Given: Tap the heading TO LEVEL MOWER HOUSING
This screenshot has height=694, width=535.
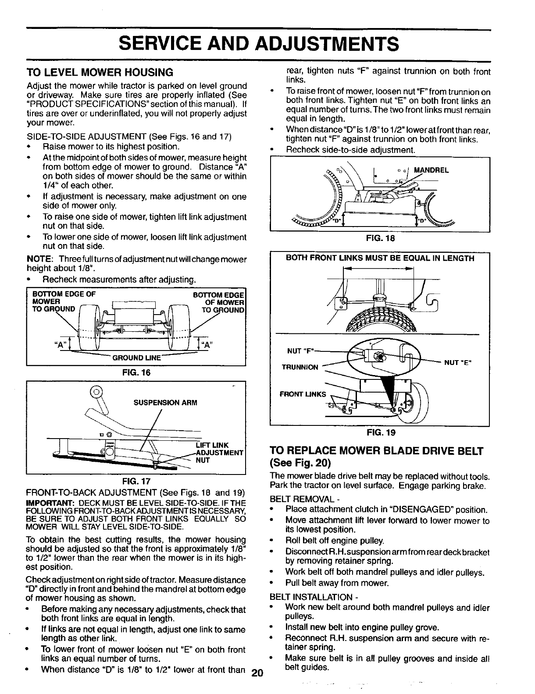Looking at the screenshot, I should pyautogui.click(x=100, y=72).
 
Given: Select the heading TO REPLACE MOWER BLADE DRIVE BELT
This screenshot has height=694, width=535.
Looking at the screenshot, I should pyautogui.click(x=376, y=451).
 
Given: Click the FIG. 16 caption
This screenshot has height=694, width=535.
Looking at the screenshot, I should pyautogui.click(x=136, y=374).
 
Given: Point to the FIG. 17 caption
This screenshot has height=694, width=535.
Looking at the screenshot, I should pyautogui.click(x=136, y=481).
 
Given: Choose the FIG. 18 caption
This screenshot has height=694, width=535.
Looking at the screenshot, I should pyautogui.click(x=380, y=239).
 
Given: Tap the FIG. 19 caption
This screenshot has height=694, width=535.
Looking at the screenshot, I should pyautogui.click(x=380, y=433).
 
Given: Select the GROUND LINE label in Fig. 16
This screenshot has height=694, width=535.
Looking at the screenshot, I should pyautogui.click(x=137, y=358).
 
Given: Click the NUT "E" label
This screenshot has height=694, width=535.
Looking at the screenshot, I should pyautogui.click(x=457, y=362).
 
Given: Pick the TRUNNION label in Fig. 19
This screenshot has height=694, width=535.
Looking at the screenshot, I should pyautogui.click(x=300, y=367).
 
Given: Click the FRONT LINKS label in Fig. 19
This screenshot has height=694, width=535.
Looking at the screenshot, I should pyautogui.click(x=303, y=394).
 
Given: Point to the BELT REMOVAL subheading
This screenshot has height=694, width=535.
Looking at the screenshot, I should pyautogui.click(x=299, y=499).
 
